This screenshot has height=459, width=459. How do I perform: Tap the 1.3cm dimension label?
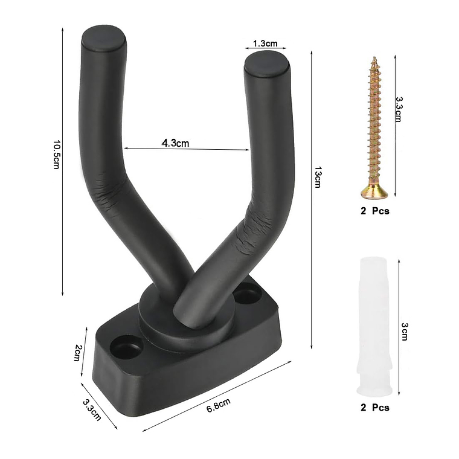[x=265, y=43]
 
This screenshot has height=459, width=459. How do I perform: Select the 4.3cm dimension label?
[x=175, y=143]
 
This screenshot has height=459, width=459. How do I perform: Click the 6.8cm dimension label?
[x=218, y=406]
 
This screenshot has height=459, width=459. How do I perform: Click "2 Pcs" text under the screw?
[x=374, y=211]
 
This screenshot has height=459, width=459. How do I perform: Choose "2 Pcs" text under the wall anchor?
[x=374, y=408]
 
